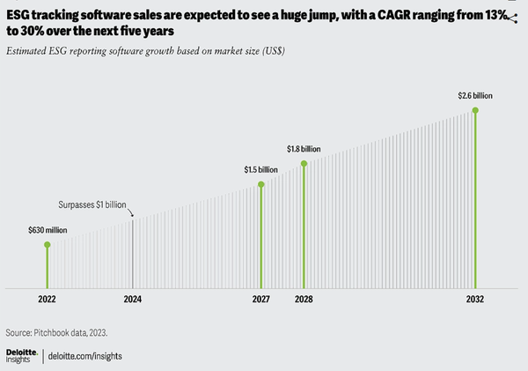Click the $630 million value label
coord(48,231)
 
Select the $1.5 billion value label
coord(261,168)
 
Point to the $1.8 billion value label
coord(304,149)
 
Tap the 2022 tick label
coord(48,300)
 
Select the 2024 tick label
coord(132,300)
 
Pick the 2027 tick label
coord(260,300)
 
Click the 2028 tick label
coord(304,300)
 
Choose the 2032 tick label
coord(475,300)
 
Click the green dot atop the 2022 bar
coord(48,244)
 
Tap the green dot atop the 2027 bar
coord(261,184)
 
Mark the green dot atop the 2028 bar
coord(304,163)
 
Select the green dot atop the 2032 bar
coord(475,110)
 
